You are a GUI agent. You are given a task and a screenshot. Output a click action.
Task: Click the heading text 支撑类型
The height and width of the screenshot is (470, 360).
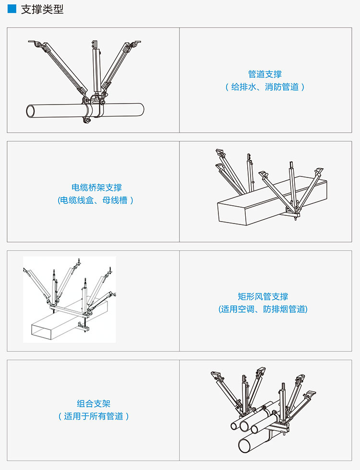42,9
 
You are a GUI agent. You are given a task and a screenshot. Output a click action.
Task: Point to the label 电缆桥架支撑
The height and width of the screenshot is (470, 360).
93,188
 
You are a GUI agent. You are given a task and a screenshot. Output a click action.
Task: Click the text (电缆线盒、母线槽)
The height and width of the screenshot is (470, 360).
93,200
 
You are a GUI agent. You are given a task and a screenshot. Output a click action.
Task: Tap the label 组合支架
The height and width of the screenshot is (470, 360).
93,404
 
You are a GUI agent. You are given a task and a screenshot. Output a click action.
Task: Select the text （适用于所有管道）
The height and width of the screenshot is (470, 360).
93,416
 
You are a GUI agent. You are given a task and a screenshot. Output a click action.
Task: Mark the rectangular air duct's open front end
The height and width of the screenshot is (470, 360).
41,330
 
